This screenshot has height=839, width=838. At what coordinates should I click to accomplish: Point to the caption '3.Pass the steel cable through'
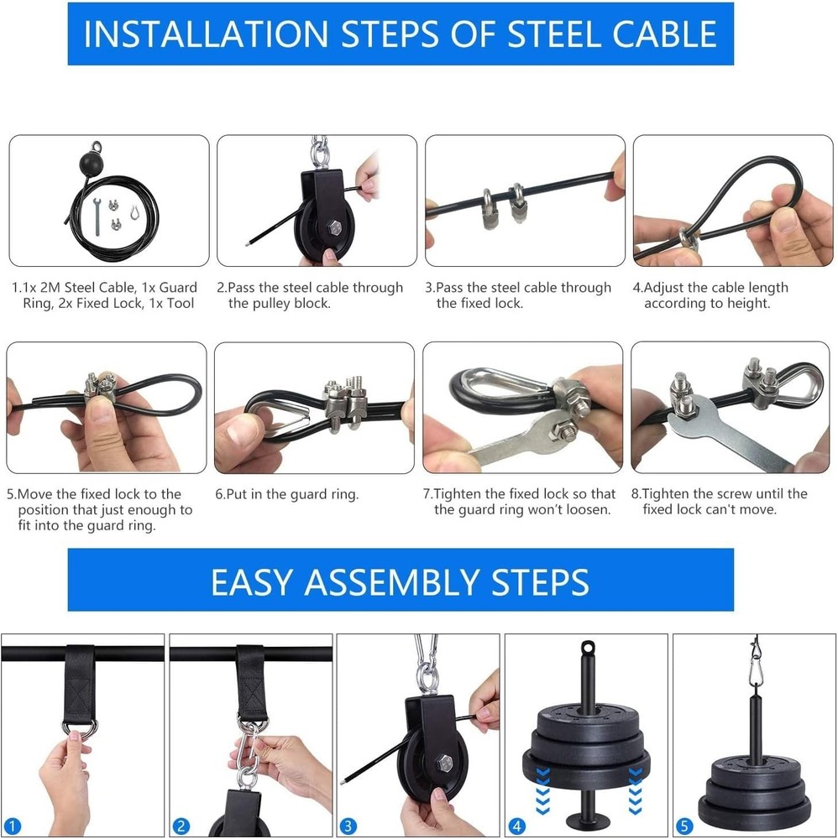coord(518,288)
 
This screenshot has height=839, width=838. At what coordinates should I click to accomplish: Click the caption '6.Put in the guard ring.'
coord(287,494)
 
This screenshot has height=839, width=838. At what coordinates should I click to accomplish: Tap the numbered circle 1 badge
coord(14,826)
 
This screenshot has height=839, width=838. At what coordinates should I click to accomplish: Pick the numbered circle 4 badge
coord(515,826)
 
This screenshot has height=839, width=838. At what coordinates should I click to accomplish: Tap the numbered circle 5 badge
coord(682,826)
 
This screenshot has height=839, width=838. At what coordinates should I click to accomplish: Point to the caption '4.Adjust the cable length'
coord(710,288)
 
